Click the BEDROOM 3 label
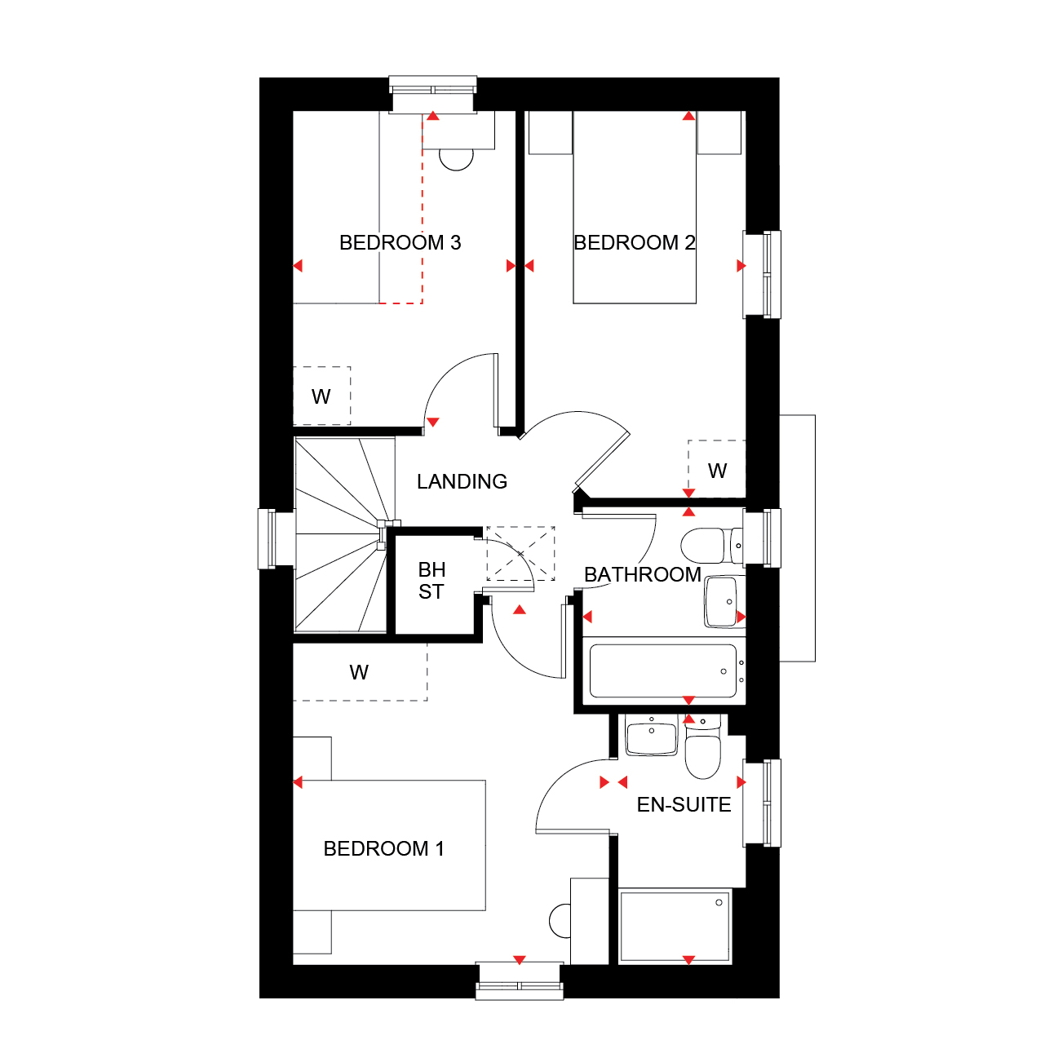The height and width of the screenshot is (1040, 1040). coord(400,243)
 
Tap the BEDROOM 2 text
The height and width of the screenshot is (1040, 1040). coord(634,243)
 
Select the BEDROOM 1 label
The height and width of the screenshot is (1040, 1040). coord(383,849)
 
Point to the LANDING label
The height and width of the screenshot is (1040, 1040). coord(462,481)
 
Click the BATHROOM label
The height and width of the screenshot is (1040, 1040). coord(642,575)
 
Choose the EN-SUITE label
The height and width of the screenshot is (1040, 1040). coord(684,805)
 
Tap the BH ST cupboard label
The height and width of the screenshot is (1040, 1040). coord(431,581)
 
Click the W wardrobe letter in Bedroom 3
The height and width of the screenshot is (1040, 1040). coord(321,396)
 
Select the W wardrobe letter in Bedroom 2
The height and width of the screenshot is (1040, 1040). coord(717,471)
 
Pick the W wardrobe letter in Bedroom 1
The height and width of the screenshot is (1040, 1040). coord(359,672)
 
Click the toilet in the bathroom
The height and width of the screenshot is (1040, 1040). coord(712,546)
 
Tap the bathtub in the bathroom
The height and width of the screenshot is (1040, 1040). coord(663,670)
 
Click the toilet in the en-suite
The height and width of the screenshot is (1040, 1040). coord(702,747)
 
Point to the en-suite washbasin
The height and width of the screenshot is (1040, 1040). coord(652,735)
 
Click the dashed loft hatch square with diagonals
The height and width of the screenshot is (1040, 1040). coord(520,553)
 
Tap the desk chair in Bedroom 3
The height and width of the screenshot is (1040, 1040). coord(456,159)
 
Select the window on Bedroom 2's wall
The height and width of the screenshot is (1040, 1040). coord(762,275)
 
